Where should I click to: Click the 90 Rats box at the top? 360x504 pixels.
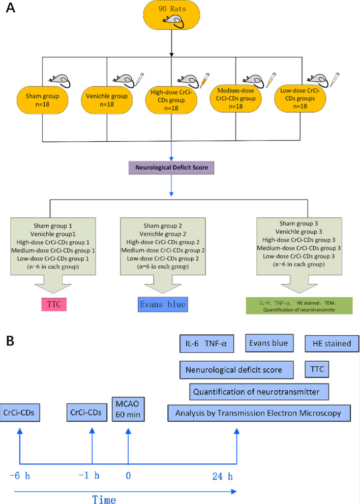click(x=171, y=15)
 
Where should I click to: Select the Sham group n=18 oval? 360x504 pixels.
click(x=43, y=100)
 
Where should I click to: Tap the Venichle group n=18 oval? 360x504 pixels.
click(x=107, y=100)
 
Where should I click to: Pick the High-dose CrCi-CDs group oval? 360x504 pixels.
click(x=171, y=100)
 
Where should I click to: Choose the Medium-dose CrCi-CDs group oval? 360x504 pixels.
click(x=236, y=99)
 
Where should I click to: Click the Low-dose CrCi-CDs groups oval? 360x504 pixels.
click(x=300, y=99)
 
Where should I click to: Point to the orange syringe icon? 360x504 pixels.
click(x=204, y=80)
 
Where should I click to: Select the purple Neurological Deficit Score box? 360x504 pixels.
click(x=171, y=168)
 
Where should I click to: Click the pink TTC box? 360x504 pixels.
click(x=54, y=304)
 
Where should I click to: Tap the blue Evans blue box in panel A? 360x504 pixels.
click(x=163, y=304)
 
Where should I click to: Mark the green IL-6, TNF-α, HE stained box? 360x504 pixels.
click(x=299, y=306)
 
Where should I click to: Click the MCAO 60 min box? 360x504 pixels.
click(x=128, y=409)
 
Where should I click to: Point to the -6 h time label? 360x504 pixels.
click(x=20, y=476)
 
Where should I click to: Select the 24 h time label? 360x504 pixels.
click(x=223, y=476)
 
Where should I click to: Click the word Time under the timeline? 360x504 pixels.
click(x=104, y=499)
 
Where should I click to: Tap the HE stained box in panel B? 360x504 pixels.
click(x=332, y=343)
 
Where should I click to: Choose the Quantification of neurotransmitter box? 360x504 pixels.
click(x=259, y=392)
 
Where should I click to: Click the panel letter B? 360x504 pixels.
click(x=10, y=341)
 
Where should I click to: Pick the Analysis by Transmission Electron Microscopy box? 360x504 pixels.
click(x=259, y=413)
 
